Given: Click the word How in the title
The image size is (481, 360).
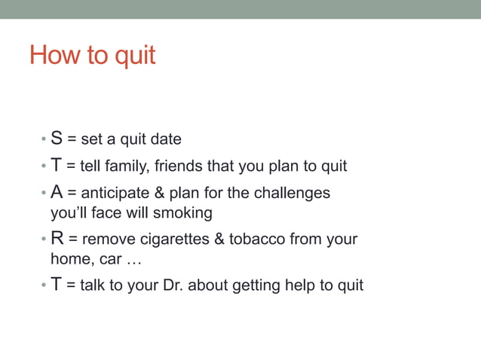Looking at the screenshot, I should pos(55,55).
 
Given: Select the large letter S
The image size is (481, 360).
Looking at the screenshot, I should pos(57,139).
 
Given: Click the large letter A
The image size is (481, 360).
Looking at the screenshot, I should pos(57,192).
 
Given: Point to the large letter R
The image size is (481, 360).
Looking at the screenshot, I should pos(57,239).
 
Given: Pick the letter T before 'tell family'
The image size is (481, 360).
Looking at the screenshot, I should pos(57,166).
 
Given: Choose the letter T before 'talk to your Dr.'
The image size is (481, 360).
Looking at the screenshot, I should pos(57,285).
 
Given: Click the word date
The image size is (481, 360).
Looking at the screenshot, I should pos(166,139).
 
